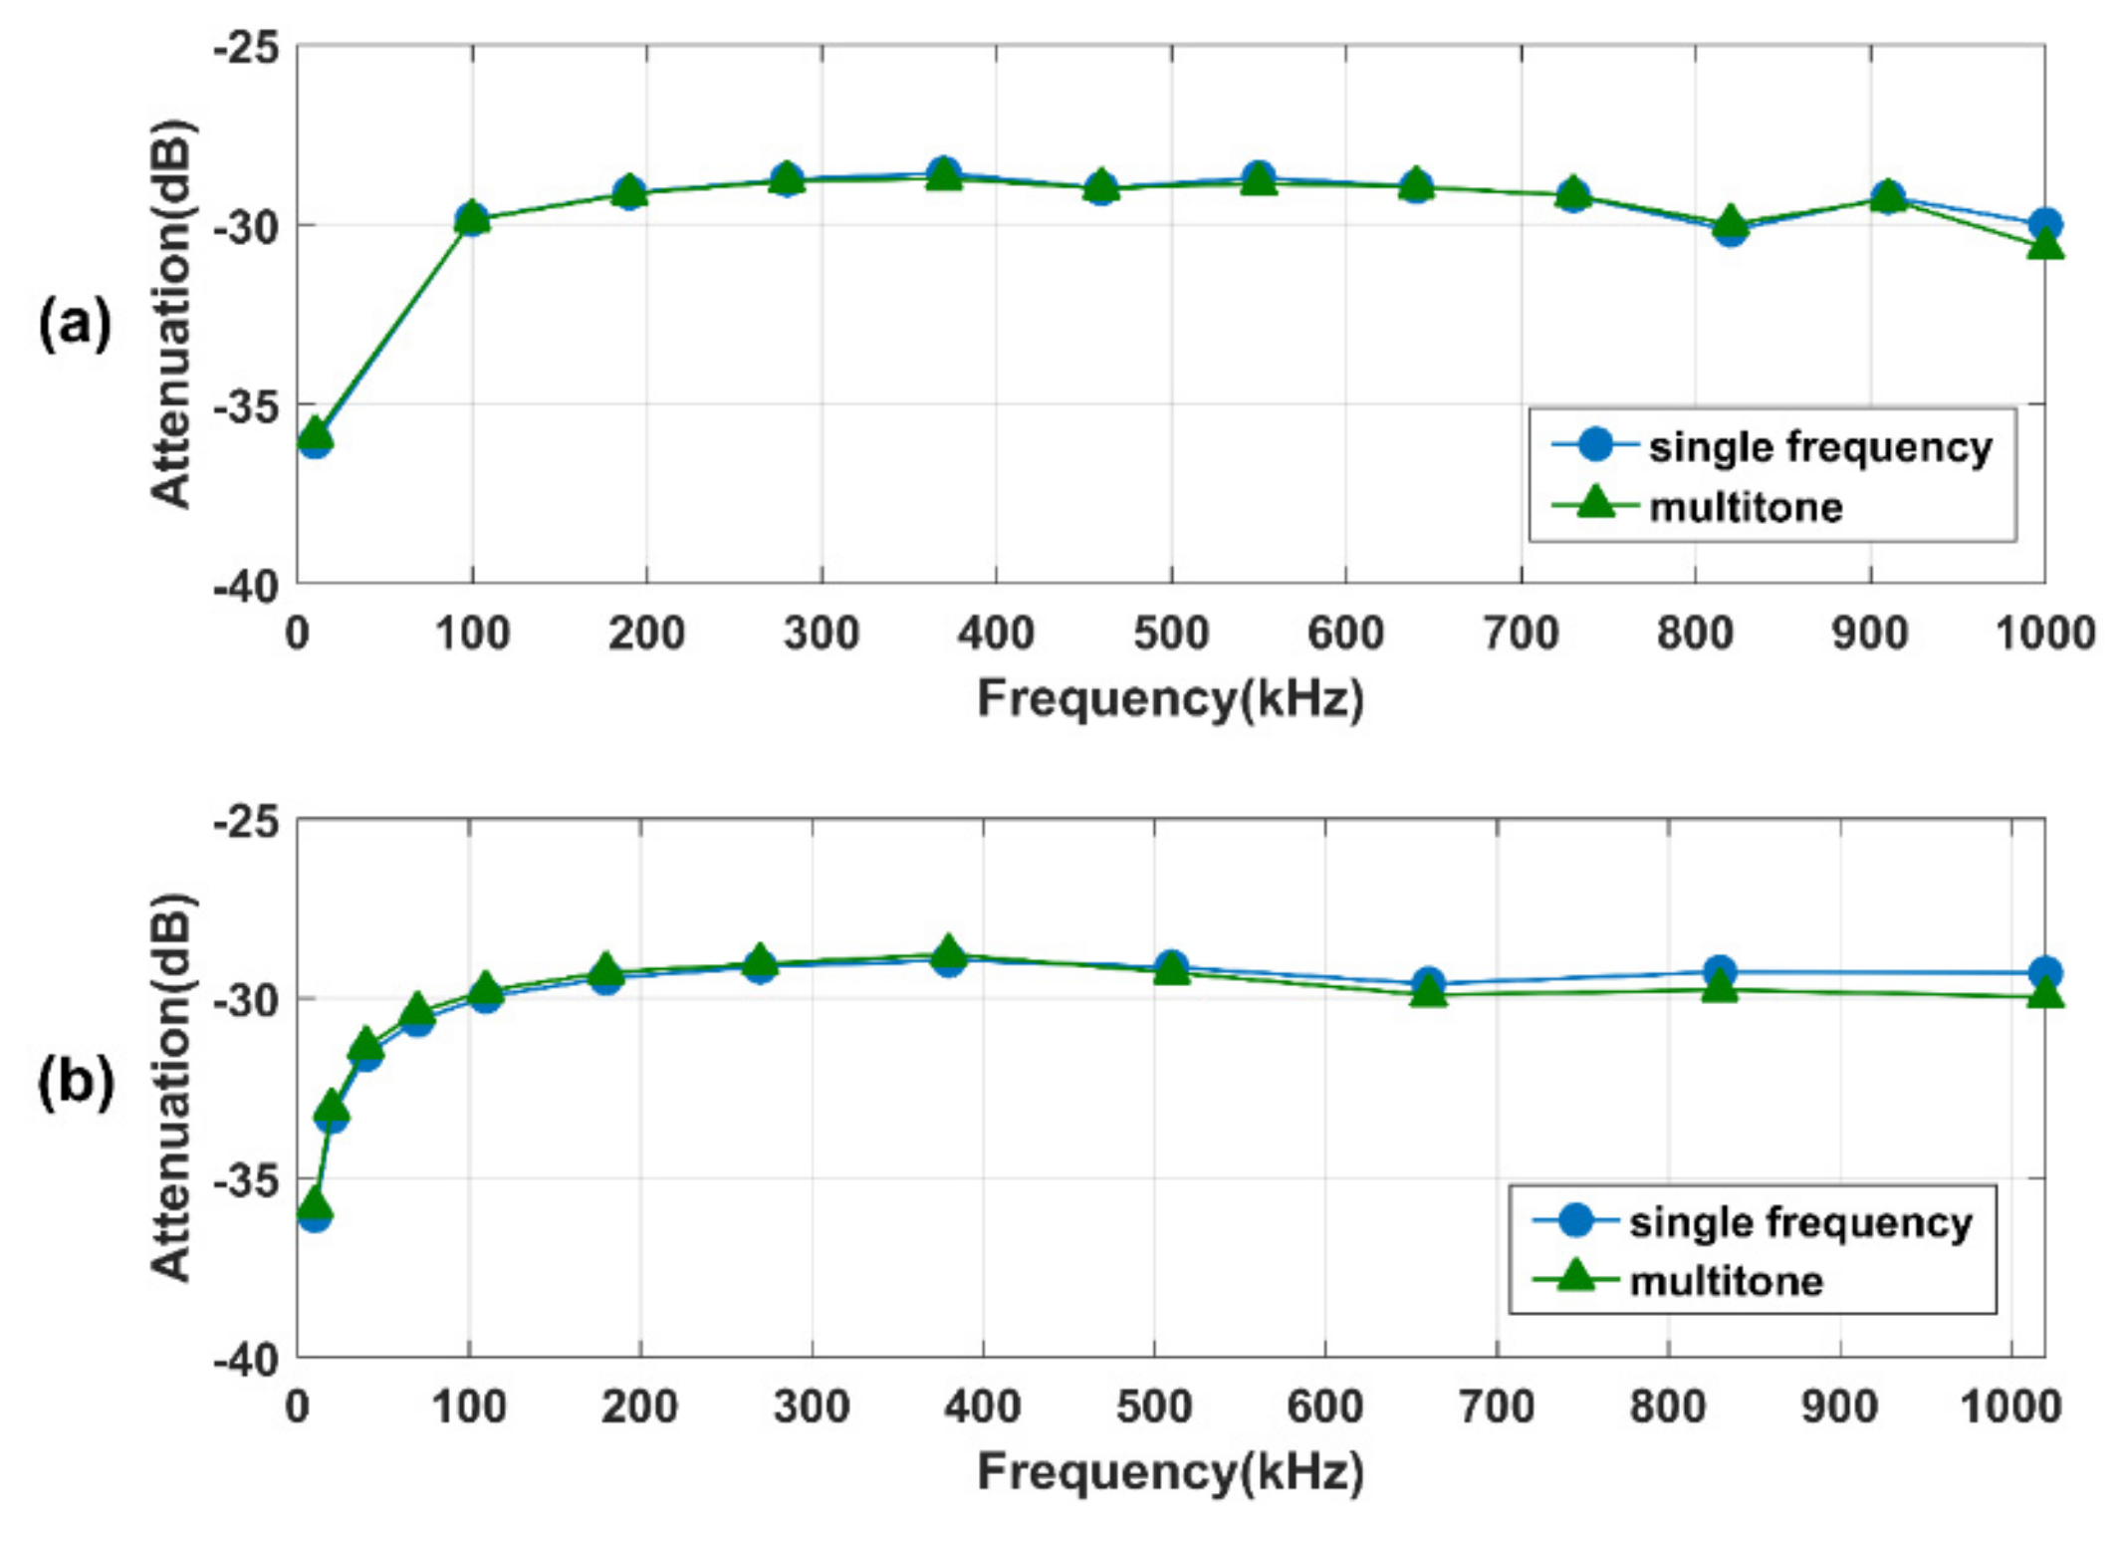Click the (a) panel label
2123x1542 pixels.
(x=75, y=325)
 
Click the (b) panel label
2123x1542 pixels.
(x=76, y=1082)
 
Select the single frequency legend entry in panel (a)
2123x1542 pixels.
(x=1772, y=446)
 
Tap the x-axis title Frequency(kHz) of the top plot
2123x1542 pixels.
(x=1170, y=698)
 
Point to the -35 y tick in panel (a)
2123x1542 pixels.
(x=245, y=405)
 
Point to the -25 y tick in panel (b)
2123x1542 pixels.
(x=245, y=822)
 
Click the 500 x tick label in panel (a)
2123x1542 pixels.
(x=1170, y=634)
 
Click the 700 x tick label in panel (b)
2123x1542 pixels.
(x=1496, y=1407)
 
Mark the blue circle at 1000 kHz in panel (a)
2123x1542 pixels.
(x=2044, y=224)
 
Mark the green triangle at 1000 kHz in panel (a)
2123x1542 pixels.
(x=2044, y=244)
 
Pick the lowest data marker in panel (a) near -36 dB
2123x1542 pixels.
(x=315, y=438)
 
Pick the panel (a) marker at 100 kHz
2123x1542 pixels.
(x=472, y=218)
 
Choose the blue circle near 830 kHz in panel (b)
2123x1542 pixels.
(x=1719, y=970)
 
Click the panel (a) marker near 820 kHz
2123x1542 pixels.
(x=1731, y=227)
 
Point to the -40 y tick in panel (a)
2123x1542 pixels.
(x=245, y=586)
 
